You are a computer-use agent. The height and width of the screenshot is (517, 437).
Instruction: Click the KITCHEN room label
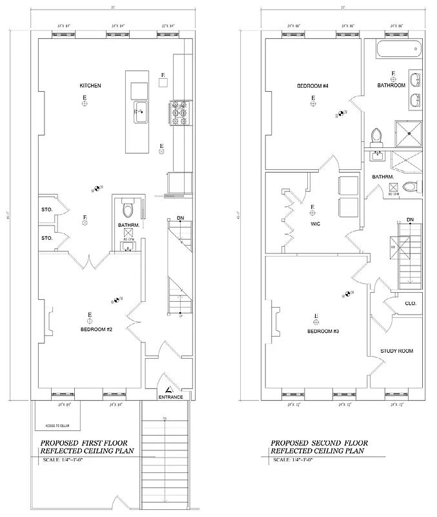(x=90, y=85)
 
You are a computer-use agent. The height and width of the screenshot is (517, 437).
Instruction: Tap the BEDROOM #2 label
(x=96, y=330)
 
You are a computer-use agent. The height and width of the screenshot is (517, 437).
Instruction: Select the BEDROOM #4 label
(x=312, y=86)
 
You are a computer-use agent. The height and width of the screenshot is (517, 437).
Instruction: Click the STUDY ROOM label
(x=397, y=351)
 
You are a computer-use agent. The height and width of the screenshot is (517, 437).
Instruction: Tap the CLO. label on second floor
(x=411, y=303)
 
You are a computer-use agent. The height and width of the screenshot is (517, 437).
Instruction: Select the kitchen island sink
(x=141, y=111)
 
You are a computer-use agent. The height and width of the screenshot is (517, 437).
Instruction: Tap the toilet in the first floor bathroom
(x=128, y=209)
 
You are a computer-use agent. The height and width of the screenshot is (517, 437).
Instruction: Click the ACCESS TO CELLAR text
(x=61, y=427)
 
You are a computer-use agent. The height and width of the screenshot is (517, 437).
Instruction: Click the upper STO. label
(x=46, y=209)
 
